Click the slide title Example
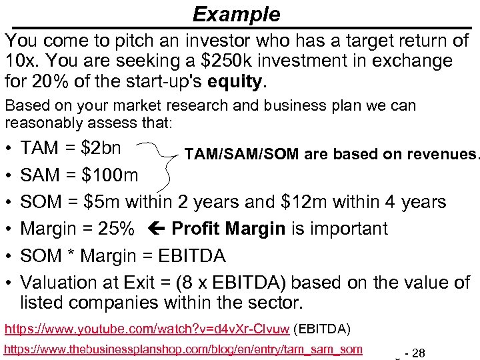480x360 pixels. (236, 14)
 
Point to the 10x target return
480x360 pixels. (19, 61)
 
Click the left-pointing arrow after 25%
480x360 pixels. (154, 229)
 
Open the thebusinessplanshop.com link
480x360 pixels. (183, 349)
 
